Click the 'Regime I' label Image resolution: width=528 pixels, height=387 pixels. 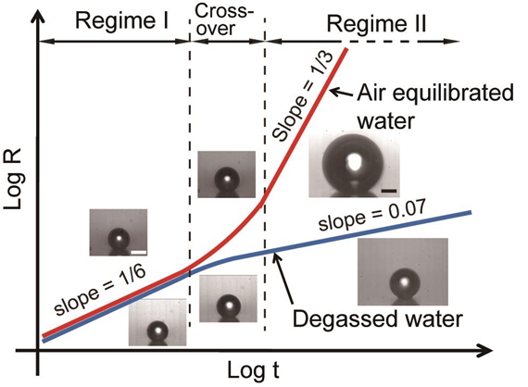(x=121, y=21)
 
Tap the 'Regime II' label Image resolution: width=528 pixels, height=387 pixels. (x=376, y=24)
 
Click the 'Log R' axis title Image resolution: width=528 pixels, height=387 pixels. (x=13, y=179)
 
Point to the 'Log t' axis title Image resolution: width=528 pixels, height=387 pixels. (x=253, y=370)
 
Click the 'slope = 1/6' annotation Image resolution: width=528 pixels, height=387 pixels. (x=100, y=290)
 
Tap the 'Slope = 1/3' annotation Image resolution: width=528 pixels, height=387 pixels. (x=302, y=96)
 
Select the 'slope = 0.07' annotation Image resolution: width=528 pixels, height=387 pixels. (x=371, y=216)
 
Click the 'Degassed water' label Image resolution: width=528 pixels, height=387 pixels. (x=378, y=318)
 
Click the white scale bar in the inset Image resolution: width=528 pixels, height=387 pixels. (x=138, y=252)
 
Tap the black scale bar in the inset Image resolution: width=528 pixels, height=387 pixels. (x=389, y=191)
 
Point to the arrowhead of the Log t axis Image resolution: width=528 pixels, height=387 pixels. (x=487, y=350)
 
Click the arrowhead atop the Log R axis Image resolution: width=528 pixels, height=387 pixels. (x=39, y=18)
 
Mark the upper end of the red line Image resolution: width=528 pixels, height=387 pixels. (x=346, y=50)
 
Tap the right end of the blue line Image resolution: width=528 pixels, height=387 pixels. (x=470, y=212)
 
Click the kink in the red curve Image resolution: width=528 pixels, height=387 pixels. (x=262, y=202)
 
